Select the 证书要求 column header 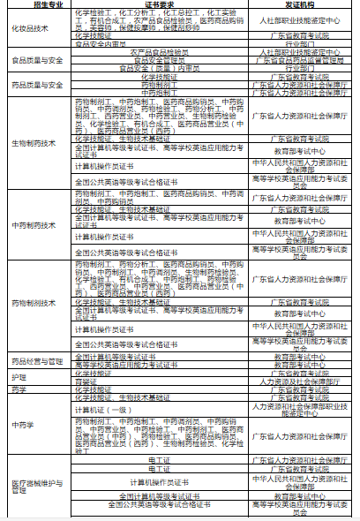[x=156, y=5]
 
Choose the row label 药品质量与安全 [x=36, y=85]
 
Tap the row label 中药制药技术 [x=33, y=224]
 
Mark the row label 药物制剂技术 [x=33, y=301]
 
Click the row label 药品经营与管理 [x=36, y=360]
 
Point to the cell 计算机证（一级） [x=101, y=408]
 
